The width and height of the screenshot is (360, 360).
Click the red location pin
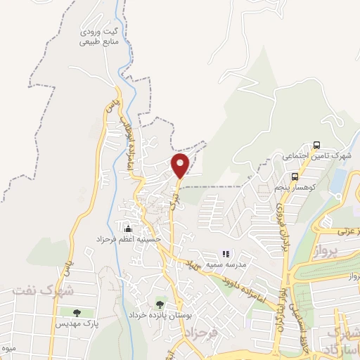tap(181, 165)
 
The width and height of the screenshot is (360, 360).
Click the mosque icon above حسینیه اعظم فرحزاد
tap(128, 229)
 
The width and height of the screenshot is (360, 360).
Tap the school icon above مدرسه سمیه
tap(226, 254)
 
